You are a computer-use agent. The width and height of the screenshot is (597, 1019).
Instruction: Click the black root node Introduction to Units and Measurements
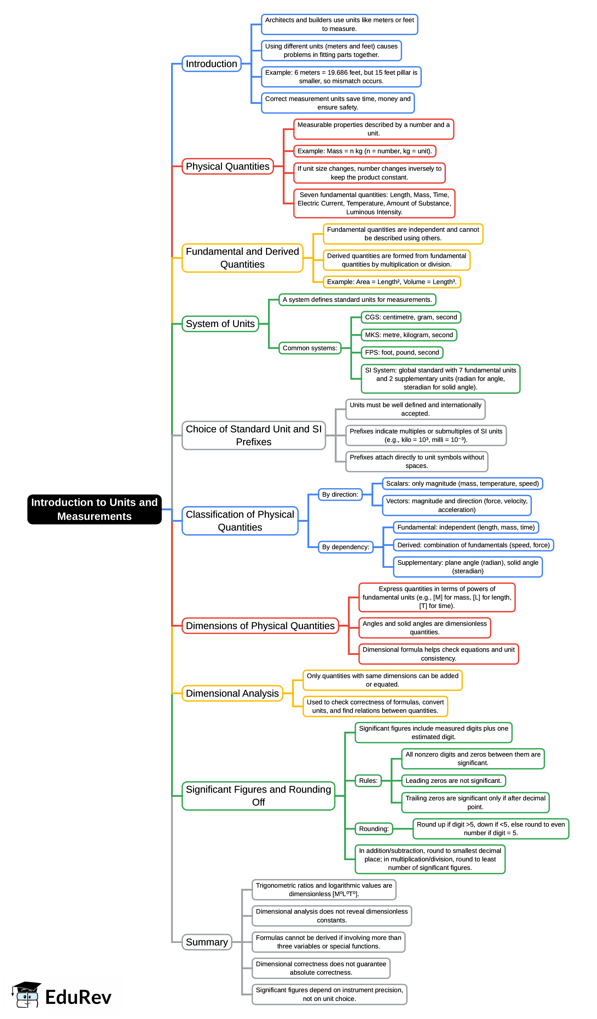click(x=94, y=509)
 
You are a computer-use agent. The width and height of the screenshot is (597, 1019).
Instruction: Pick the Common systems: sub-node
click(x=309, y=348)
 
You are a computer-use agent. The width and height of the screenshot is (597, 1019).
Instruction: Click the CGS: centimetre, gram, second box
click(x=411, y=317)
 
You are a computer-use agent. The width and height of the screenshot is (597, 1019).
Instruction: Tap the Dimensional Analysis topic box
click(x=232, y=693)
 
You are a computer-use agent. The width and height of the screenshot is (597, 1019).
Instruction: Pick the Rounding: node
click(x=373, y=829)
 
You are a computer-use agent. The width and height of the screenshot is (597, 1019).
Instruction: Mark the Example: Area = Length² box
click(x=391, y=282)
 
